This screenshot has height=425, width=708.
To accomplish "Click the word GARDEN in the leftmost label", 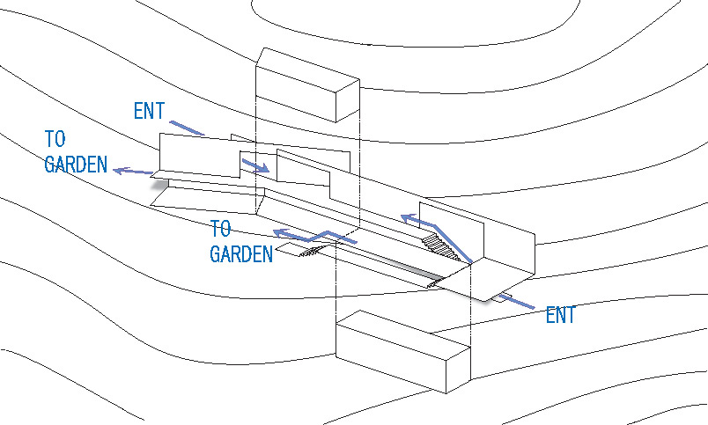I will [x=76, y=165].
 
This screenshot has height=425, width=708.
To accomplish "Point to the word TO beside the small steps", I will [x=220, y=230].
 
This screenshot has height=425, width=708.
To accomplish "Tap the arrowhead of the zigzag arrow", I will [x=278, y=232].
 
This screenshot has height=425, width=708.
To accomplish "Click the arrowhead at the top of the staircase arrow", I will [x=406, y=217].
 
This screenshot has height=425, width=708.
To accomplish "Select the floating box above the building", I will [x=306, y=84].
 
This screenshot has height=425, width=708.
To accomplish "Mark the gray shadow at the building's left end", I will [x=159, y=184].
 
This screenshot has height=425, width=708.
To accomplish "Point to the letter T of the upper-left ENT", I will [x=159, y=112].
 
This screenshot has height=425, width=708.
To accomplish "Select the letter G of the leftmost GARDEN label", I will [x=51, y=165].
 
